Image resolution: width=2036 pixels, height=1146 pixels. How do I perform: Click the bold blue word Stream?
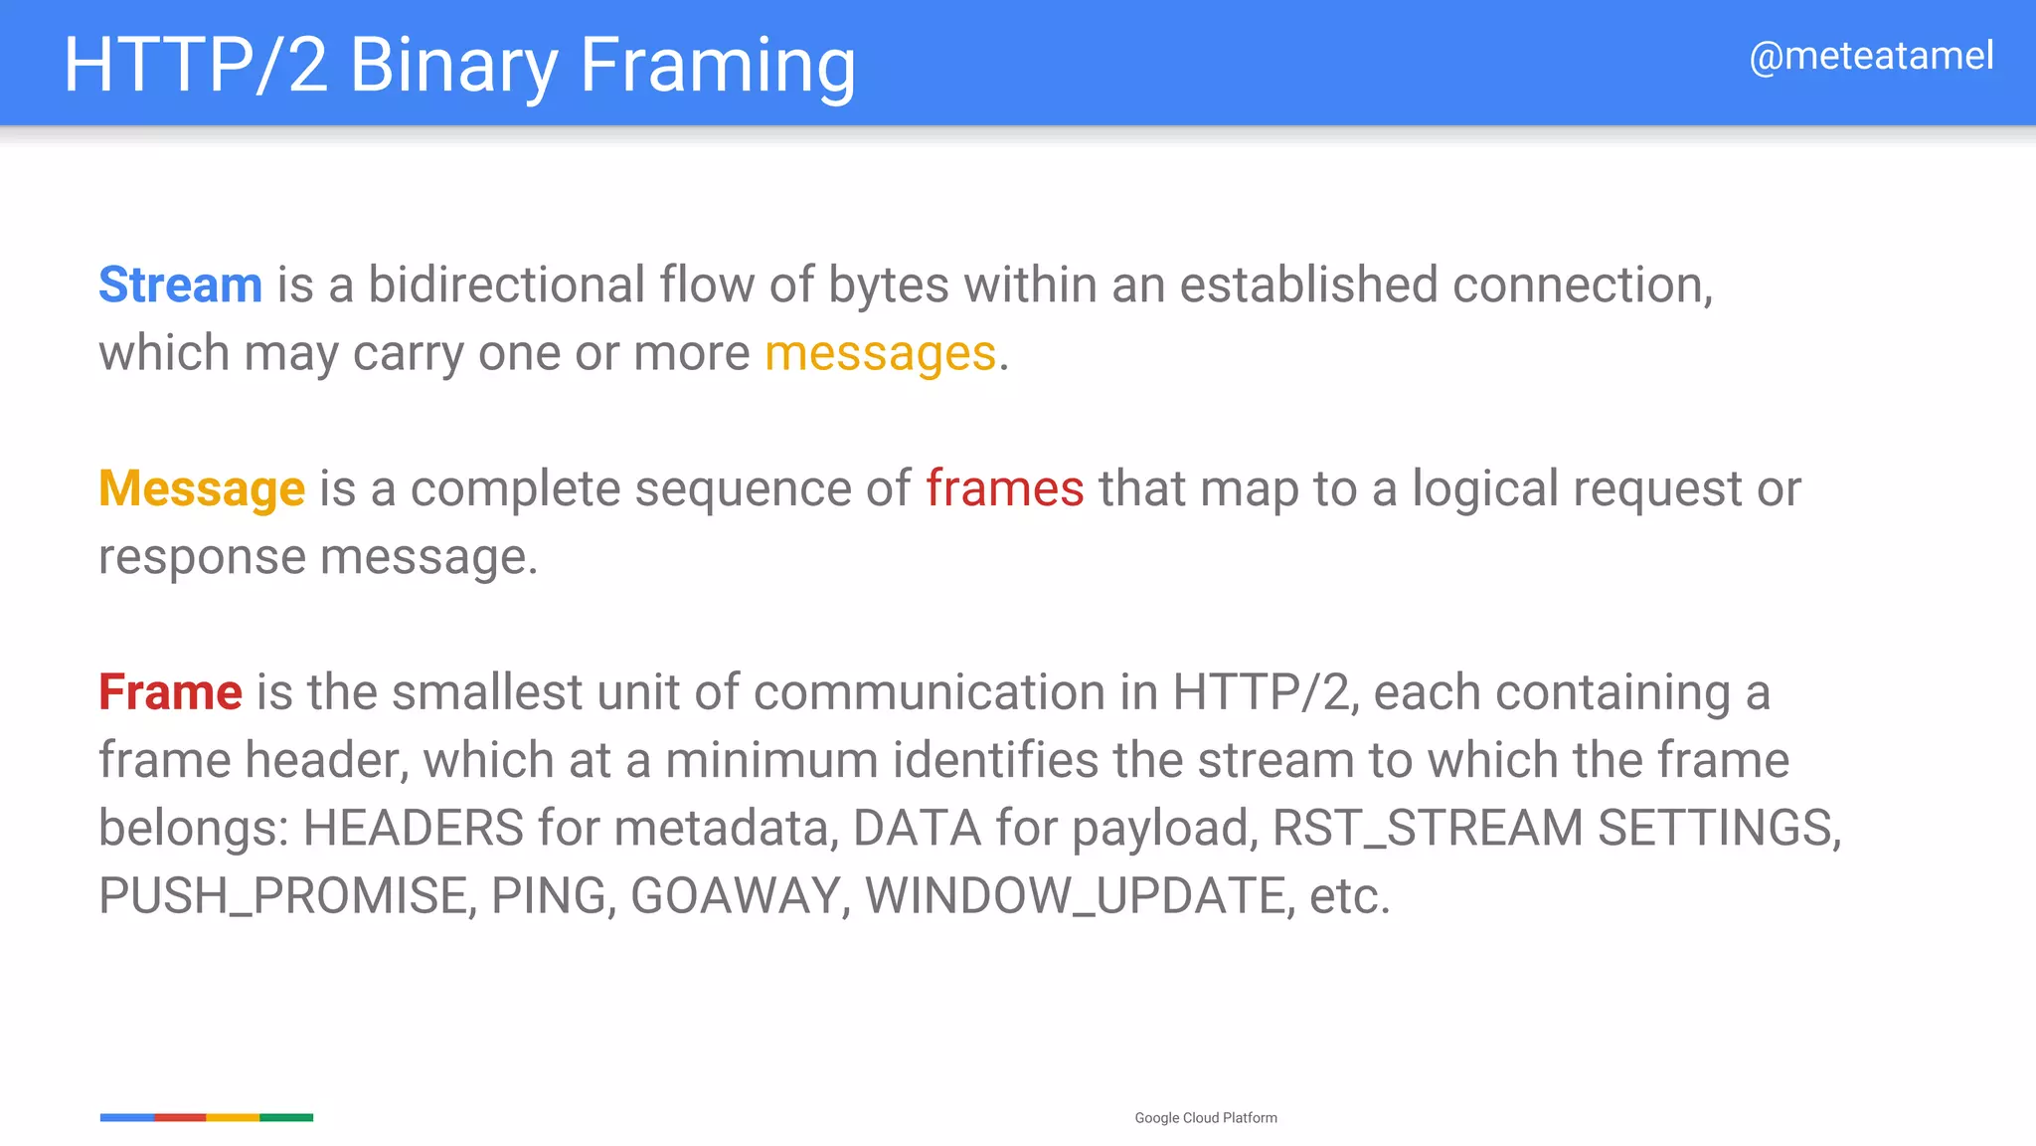pos(180,286)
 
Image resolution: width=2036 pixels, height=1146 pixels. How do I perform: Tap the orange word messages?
pos(880,354)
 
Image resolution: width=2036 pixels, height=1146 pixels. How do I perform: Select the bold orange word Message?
pos(202,489)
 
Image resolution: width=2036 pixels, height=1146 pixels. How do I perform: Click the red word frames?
pos(1004,489)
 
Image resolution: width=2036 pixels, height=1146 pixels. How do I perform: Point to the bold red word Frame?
pos(170,692)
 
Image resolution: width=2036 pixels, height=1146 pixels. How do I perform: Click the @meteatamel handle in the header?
pos(1871,57)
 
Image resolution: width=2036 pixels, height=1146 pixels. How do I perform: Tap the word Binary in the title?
pos(453,66)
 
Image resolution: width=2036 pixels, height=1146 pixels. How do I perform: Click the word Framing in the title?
pos(717,66)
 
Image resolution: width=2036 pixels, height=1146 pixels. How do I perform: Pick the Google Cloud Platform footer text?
pos(1206,1118)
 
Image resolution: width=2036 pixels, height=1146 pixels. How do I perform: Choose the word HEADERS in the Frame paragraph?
pos(413,829)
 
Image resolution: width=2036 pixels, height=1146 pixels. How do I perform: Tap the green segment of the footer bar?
pos(286,1118)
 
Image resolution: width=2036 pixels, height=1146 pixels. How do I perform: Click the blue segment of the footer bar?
pos(127,1118)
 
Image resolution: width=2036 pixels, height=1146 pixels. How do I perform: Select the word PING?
pos(548,896)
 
